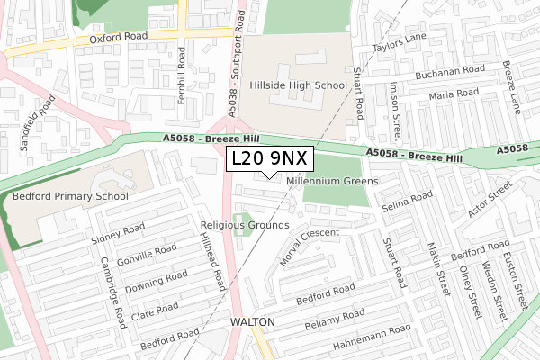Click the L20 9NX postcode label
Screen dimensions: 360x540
(269, 158)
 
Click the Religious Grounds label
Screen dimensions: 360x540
(245, 225)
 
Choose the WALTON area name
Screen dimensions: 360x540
(251, 321)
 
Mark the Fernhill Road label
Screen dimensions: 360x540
(182, 76)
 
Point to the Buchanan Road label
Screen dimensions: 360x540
(452, 70)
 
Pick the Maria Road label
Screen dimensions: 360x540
(454, 94)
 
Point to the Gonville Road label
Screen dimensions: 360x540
(139, 256)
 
